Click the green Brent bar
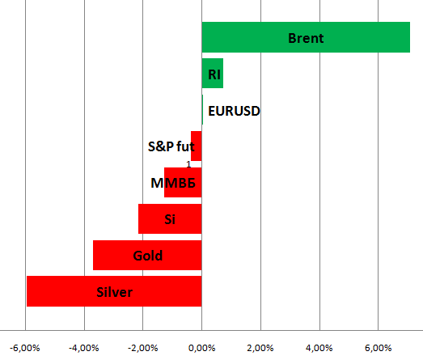tap(306, 37)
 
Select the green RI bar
tap(213, 73)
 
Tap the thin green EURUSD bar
tap(202, 109)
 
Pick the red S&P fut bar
tap(196, 146)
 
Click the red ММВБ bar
tap(183, 183)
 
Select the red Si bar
tap(170, 219)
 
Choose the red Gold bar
tap(147, 255)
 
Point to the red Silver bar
tap(114, 291)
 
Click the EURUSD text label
tap(234, 111)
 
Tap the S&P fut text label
tap(171, 146)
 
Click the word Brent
tap(306, 38)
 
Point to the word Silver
tap(114, 292)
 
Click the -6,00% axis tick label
tap(25, 348)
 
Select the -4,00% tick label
tap(84, 348)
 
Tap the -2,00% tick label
tap(142, 348)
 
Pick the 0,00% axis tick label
tap(201, 348)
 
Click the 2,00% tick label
tap(260, 348)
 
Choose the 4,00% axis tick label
tap(319, 348)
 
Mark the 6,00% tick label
tap(378, 348)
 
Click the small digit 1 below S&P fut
tap(188, 164)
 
